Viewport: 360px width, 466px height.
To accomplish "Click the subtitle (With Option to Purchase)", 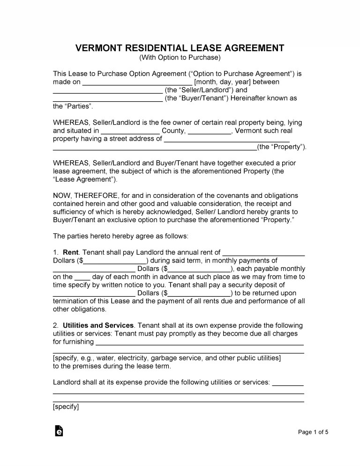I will click(180, 58).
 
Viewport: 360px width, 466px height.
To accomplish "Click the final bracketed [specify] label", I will click(66, 407).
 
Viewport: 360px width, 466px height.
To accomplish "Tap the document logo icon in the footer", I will click(59, 431).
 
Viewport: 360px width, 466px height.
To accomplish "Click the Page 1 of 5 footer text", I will click(313, 432).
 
